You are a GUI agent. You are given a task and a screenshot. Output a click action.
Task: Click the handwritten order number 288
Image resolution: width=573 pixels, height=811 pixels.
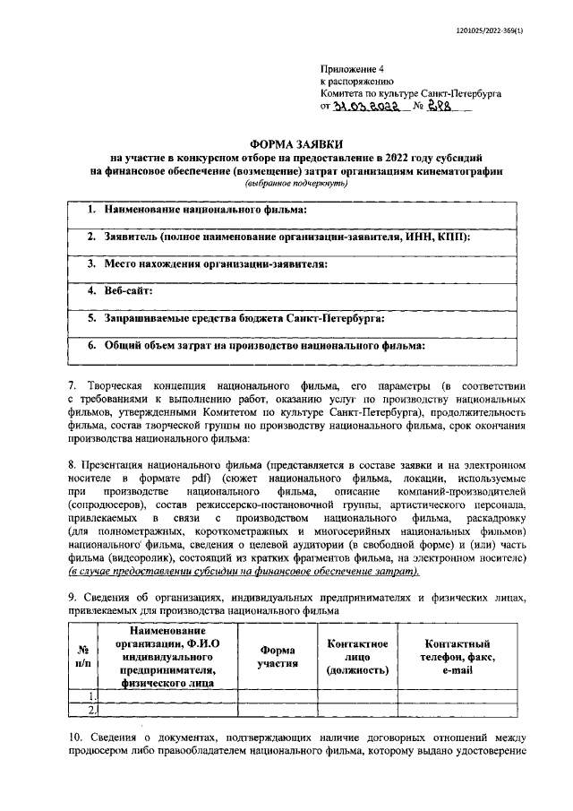[440, 106]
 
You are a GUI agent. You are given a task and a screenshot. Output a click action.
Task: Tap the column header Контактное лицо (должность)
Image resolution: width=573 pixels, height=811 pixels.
[356, 657]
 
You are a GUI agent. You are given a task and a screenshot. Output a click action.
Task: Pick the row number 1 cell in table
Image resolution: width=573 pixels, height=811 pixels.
[91, 695]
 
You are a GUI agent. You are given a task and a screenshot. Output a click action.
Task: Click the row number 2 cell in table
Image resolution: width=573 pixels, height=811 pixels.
[91, 710]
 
